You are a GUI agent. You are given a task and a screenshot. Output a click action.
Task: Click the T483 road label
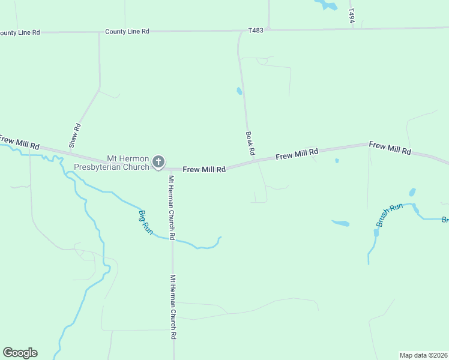tap(256, 29)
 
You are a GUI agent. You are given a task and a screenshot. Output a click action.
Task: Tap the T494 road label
tap(352, 16)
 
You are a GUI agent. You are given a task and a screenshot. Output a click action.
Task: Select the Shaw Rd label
tap(74, 136)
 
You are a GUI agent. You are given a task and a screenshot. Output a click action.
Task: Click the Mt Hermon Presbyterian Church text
tap(111, 163)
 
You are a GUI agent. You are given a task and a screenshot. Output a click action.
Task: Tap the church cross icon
tap(158, 161)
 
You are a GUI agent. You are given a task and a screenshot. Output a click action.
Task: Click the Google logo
tap(20, 353)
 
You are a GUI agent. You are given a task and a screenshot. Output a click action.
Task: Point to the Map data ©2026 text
tap(423, 355)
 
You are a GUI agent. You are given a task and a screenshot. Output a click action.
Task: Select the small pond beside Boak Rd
tap(239, 91)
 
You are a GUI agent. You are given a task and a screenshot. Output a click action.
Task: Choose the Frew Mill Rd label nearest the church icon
tap(204, 170)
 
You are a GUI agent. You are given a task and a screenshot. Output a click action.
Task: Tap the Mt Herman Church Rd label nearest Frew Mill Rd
tap(171, 208)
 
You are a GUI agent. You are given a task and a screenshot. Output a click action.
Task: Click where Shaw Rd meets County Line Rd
tap(99, 32)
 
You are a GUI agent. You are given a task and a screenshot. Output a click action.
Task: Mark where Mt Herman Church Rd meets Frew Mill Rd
tap(172, 169)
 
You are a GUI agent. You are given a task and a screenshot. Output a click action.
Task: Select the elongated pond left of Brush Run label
tap(340, 223)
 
